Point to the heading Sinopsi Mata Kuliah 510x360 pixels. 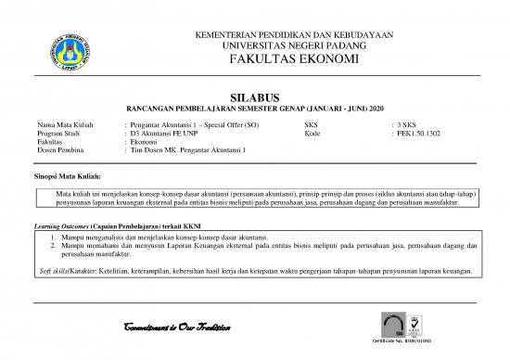tap(67, 174)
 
